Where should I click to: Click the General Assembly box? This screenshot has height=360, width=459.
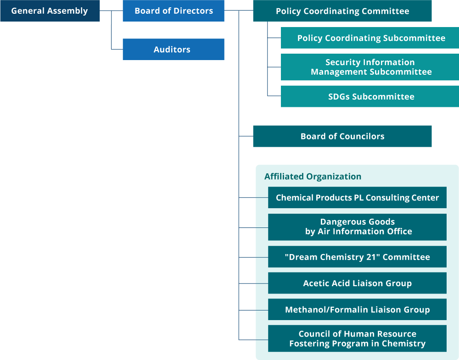tap(50, 11)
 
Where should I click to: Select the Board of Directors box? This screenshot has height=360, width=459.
tap(174, 11)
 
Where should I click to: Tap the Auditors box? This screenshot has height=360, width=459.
tap(174, 50)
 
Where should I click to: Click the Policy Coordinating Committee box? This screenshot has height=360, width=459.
tap(342, 11)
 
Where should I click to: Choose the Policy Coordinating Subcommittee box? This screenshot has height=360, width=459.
tap(371, 38)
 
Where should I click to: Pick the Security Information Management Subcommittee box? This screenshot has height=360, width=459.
tap(371, 67)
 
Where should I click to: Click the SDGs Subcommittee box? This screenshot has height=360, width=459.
tap(371, 97)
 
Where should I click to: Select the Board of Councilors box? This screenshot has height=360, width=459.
tap(342, 136)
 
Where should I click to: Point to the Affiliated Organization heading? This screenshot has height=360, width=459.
tap(313, 177)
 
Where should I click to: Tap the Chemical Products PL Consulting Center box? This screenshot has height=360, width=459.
tap(357, 198)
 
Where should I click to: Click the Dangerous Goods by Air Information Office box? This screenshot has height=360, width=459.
tap(357, 227)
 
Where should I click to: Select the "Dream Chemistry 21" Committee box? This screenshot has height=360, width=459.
tap(357, 257)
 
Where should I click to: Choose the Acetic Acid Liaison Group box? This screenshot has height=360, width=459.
tap(357, 283)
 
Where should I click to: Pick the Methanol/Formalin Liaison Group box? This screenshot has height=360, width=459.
tap(357, 310)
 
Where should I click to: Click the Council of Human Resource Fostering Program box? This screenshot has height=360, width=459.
tap(357, 339)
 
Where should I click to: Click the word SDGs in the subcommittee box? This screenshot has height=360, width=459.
tap(339, 97)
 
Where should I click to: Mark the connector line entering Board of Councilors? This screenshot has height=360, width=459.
tap(246, 136)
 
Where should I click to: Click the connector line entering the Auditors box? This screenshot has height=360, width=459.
tap(117, 49)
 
